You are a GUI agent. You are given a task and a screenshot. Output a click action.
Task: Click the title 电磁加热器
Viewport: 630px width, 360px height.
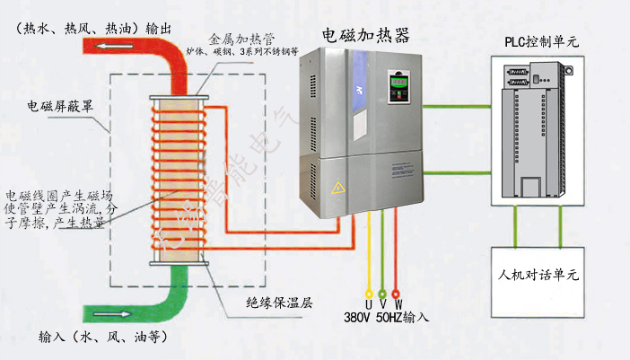(x=365, y=35)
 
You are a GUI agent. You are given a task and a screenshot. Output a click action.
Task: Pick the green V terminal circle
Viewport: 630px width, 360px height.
(x=382, y=294)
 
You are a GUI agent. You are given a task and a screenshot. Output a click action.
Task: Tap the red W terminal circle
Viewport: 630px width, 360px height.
(x=398, y=294)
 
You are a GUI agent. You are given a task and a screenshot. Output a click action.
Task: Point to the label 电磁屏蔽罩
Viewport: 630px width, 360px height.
(x=57, y=106)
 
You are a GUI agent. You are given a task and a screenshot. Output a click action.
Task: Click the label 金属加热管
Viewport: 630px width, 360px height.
(x=237, y=40)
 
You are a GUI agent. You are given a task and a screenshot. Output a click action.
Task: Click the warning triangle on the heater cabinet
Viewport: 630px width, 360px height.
(x=338, y=189)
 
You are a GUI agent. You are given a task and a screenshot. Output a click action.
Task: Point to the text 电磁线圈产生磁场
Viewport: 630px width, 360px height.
(x=59, y=195)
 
